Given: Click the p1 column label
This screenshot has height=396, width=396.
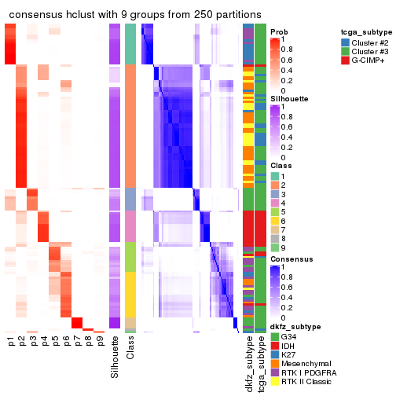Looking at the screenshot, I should coord(11,341).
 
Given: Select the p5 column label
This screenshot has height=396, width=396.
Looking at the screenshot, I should coord(55,341).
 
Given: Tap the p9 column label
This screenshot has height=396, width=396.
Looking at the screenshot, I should coord(100,341).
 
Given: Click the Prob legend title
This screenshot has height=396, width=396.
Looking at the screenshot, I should coord(279,32).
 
